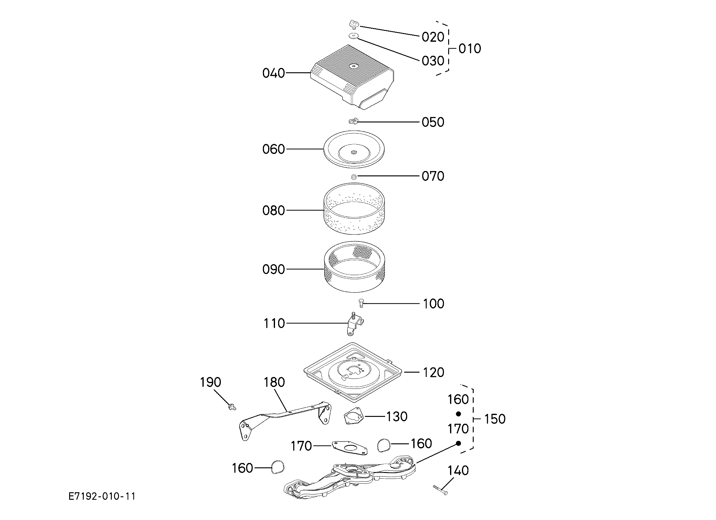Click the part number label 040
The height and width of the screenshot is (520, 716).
tap(274, 73)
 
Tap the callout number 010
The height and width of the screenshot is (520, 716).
tap(470, 49)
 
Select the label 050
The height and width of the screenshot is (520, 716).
tap(433, 122)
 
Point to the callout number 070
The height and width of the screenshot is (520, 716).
tap(433, 176)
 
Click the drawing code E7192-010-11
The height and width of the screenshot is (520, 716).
tap(102, 496)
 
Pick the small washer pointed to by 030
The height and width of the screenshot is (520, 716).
tap(353, 36)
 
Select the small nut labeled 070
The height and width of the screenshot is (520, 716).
tap(354, 177)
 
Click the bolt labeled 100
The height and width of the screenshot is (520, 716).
tap(361, 303)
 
